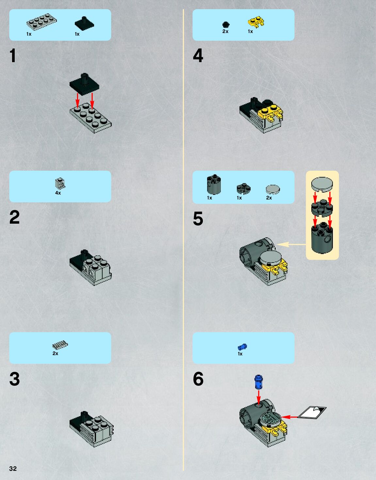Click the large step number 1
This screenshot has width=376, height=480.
[13, 56]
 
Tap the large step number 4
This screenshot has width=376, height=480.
[198, 56]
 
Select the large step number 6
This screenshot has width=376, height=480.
[198, 379]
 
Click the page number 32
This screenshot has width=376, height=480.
[13, 469]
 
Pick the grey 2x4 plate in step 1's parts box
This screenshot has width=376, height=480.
[41, 22]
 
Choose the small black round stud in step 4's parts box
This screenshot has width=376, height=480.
[226, 25]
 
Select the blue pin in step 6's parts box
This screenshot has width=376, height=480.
[242, 347]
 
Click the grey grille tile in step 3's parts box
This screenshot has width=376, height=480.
[60, 345]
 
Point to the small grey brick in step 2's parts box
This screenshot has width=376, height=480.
[60, 184]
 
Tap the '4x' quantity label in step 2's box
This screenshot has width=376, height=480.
[58, 193]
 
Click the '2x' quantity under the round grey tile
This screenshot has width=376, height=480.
[269, 198]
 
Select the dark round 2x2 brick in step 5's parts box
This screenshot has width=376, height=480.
[214, 185]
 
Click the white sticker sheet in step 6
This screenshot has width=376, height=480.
[312, 412]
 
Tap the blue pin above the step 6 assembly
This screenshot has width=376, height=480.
[259, 382]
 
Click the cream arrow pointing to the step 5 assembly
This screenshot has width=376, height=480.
[291, 244]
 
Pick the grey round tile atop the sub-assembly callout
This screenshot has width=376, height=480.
[322, 184]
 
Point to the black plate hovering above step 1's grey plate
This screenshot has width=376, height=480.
[84, 84]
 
